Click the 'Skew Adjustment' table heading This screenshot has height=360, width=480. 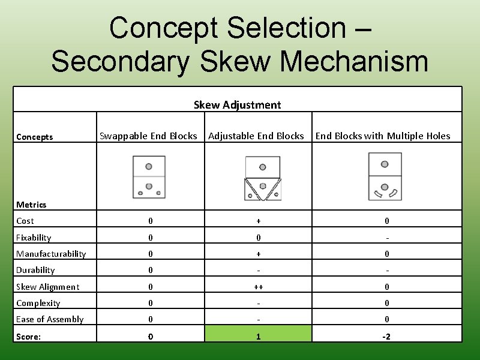pyautogui.click(x=237, y=105)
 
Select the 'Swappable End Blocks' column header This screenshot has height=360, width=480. pyautogui.click(x=148, y=136)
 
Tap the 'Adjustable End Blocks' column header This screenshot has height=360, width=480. pyautogui.click(x=256, y=136)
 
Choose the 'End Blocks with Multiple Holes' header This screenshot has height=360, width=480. pyautogui.click(x=383, y=136)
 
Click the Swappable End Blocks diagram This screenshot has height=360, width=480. pyautogui.click(x=149, y=177)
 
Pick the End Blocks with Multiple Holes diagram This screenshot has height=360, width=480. pyautogui.click(x=385, y=176)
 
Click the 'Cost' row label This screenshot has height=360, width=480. pyautogui.click(x=25, y=221)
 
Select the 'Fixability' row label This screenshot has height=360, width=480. pyautogui.click(x=34, y=238)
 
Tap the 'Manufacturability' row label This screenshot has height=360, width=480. pyautogui.click(x=51, y=254)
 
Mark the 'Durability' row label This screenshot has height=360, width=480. pyautogui.click(x=35, y=270)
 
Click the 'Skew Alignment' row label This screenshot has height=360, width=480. pyautogui.click(x=47, y=287)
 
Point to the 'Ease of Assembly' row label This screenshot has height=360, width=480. pyautogui.click(x=50, y=319)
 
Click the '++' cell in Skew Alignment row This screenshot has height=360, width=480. pyautogui.click(x=259, y=287)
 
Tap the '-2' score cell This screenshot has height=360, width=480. pyautogui.click(x=386, y=337)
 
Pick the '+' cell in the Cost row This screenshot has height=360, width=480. pyautogui.click(x=259, y=221)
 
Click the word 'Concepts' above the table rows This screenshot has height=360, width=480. pyautogui.click(x=35, y=137)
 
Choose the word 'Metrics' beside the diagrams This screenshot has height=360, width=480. pyautogui.click(x=31, y=205)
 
